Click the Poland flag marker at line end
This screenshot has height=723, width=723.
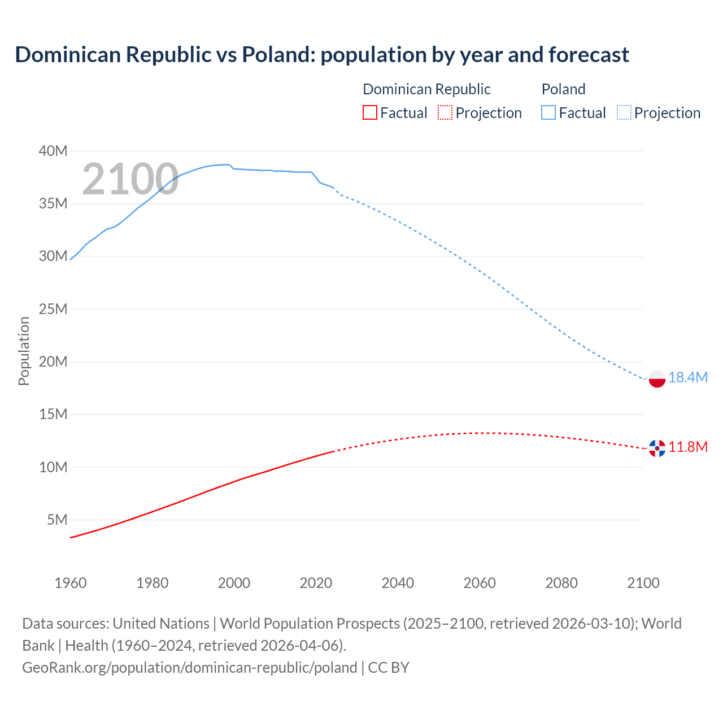coord(657,379)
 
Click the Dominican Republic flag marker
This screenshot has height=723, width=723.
coord(657,448)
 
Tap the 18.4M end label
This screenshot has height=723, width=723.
coord(687,377)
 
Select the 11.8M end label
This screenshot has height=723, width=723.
coord(687,447)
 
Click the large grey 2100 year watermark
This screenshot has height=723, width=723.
coord(130,179)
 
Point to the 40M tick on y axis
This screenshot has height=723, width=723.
coord(53,151)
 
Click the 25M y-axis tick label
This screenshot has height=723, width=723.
coord(53,309)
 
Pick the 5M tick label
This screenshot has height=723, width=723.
coord(57,520)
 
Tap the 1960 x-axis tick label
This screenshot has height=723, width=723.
coord(71,583)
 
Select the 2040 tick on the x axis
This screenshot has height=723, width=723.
coord(398,583)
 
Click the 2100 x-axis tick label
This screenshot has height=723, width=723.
coord(643,583)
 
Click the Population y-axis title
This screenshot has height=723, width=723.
coord(24,351)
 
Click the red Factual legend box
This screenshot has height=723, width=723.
coord(369,112)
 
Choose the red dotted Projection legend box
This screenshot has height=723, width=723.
coord(445,112)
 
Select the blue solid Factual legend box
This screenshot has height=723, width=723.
coord(548,112)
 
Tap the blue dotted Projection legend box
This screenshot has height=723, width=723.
coord(624,112)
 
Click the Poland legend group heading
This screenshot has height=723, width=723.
coord(563,89)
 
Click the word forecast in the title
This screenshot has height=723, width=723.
coord(588,55)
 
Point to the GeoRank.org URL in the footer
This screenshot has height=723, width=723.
coord(189,667)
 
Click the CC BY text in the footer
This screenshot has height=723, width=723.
coord(389,667)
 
